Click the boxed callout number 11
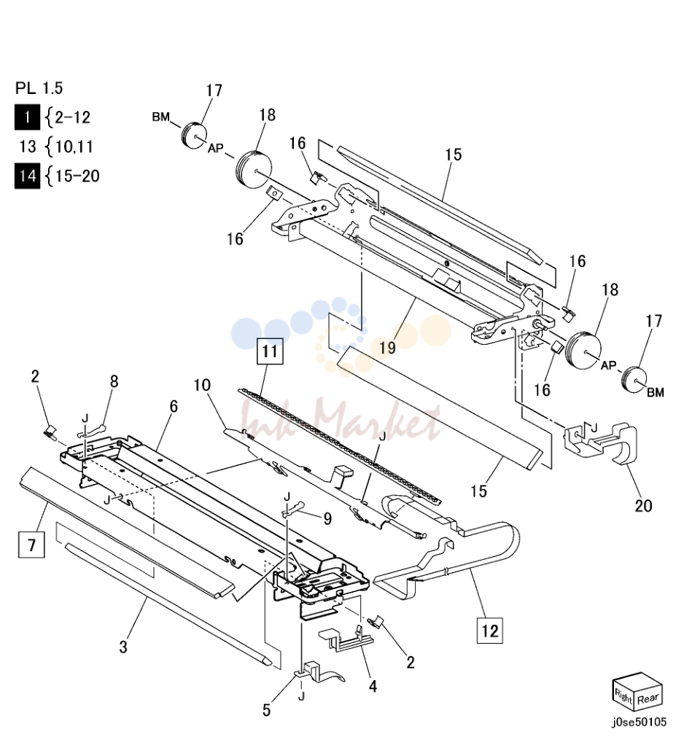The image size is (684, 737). [x=270, y=351]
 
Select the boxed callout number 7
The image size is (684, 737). [x=31, y=545]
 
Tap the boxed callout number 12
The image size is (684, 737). [x=489, y=630]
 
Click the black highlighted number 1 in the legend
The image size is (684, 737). [x=27, y=117]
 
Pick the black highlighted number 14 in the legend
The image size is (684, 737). [x=27, y=176]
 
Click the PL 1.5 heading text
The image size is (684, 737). [x=39, y=88]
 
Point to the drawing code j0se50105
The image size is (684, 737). [x=639, y=722]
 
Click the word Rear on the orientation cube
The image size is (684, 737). [x=648, y=699]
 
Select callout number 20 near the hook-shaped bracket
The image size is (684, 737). [x=644, y=506]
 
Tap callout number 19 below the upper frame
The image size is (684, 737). [x=387, y=347]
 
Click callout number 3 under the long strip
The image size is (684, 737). [x=123, y=647]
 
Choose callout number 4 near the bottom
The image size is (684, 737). [x=373, y=686]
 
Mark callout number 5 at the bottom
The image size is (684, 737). [x=267, y=710]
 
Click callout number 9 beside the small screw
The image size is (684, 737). [x=327, y=518]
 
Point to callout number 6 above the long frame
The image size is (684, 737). [x=174, y=406]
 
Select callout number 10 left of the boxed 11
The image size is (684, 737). [x=202, y=386]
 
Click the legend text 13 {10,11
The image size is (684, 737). [x=56, y=147]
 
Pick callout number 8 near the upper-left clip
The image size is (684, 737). [x=114, y=381]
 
